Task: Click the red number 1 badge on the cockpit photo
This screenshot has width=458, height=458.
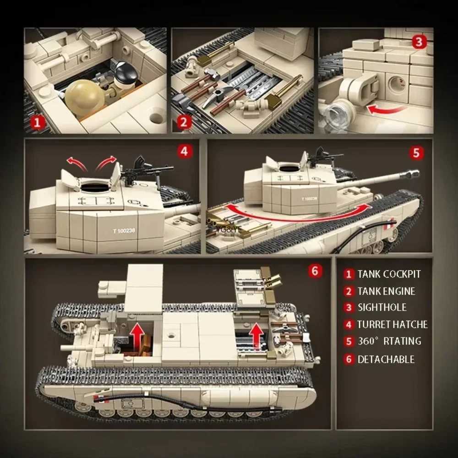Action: click(x=38, y=122)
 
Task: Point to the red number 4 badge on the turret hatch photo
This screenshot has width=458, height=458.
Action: click(x=184, y=152)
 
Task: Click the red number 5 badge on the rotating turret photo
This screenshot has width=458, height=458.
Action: click(x=416, y=153)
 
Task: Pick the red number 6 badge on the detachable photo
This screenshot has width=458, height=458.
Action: click(x=314, y=271)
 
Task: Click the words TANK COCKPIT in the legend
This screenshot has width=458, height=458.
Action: click(x=389, y=274)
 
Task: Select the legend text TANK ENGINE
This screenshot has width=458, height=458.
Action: click(x=386, y=291)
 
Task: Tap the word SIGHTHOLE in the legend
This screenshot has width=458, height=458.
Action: click(x=382, y=307)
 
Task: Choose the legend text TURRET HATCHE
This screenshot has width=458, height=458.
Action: click(x=393, y=325)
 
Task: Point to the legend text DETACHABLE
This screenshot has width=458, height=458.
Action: click(x=386, y=359)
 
